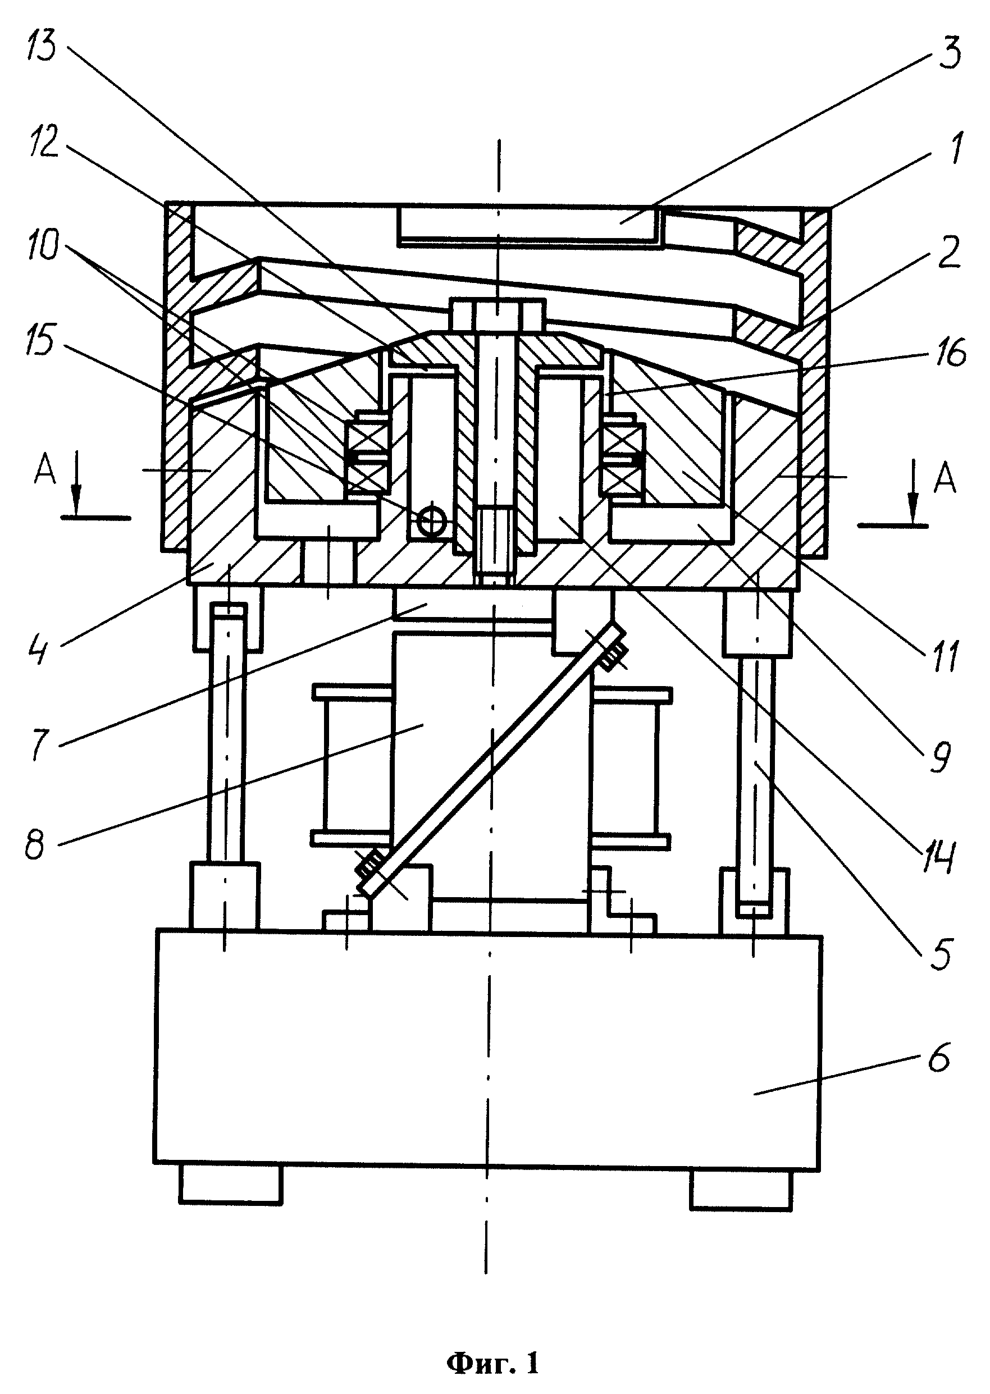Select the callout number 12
(x=43, y=143)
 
